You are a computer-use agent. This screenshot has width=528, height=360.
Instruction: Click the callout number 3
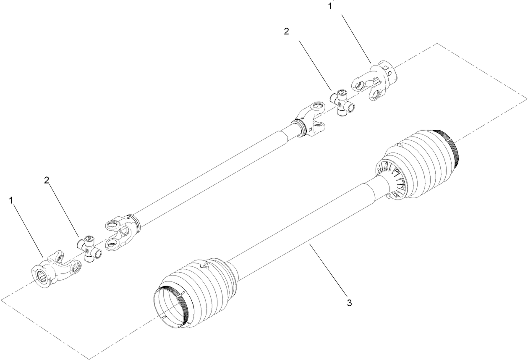point(349,303)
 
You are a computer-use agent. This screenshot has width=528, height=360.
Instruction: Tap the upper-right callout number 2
point(286,32)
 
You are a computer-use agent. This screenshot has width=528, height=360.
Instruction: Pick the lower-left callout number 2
point(47,180)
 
